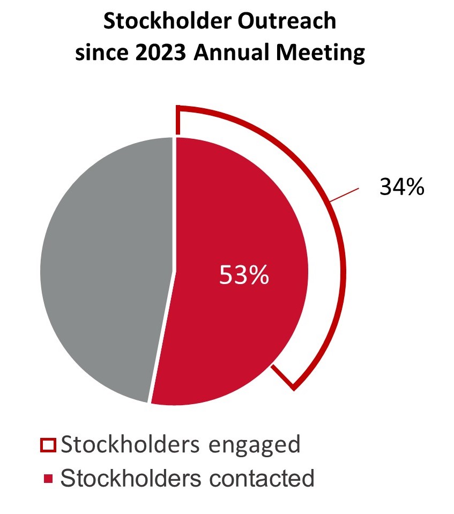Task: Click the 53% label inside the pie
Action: tap(244, 275)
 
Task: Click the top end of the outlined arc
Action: tap(178, 121)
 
